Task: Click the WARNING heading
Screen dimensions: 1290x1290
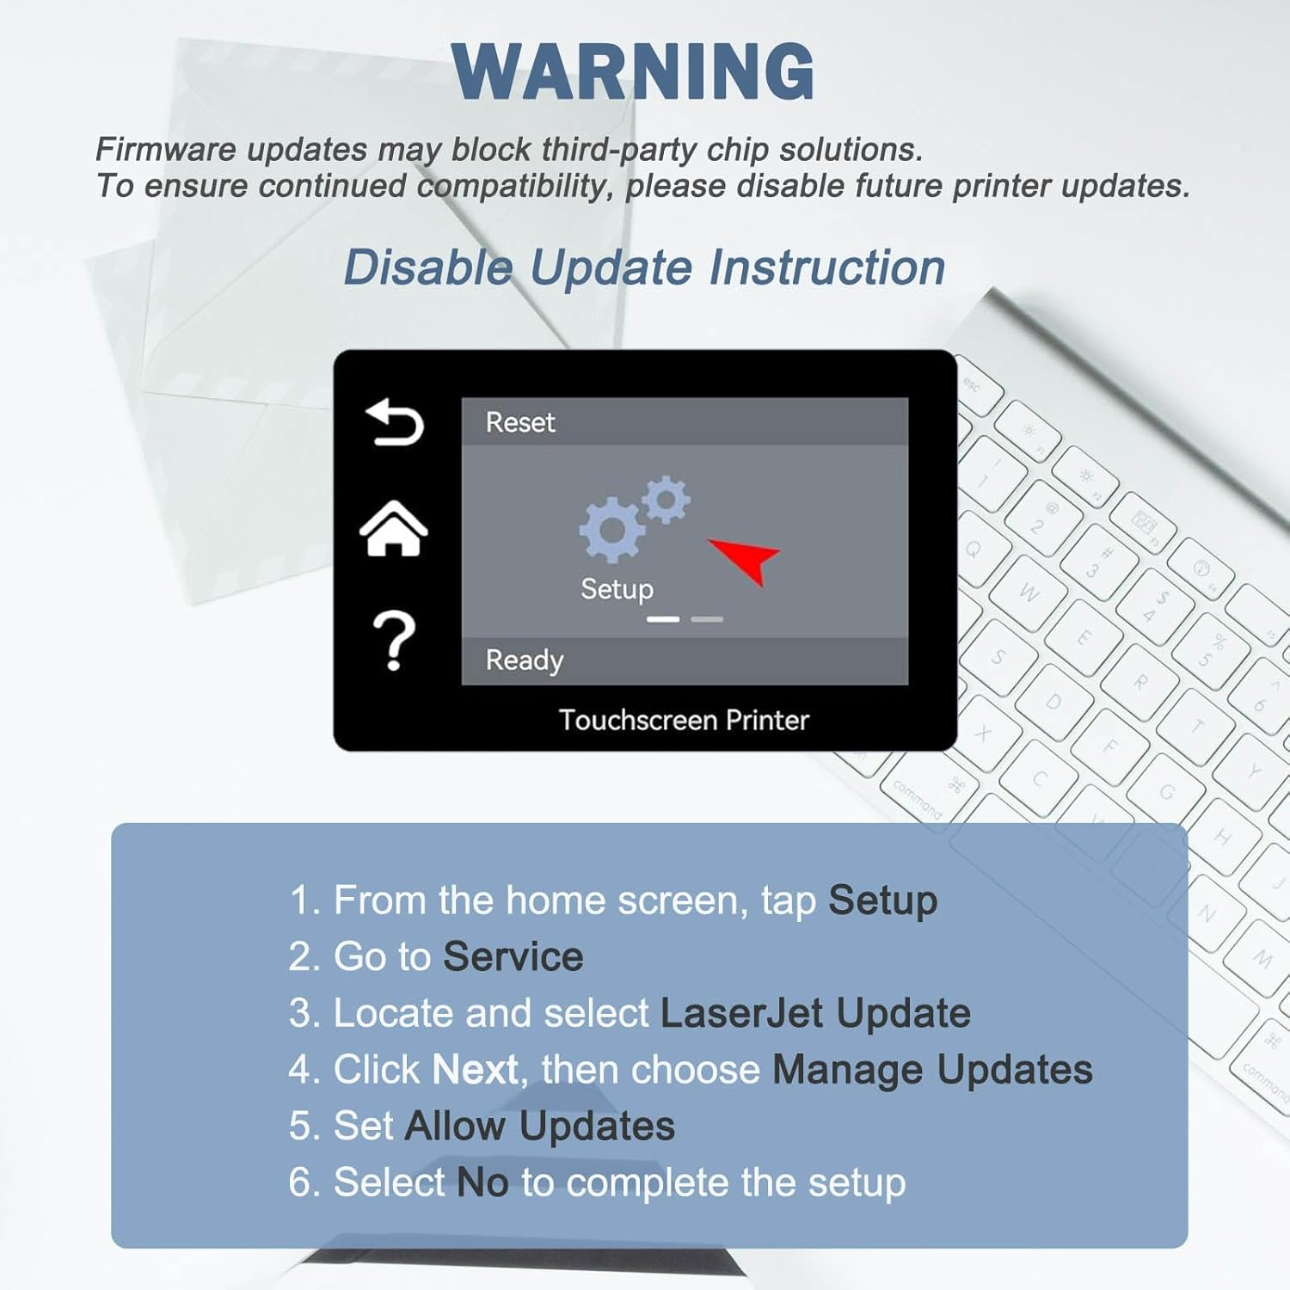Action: coord(633,71)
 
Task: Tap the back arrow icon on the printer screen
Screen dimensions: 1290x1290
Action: coord(395,422)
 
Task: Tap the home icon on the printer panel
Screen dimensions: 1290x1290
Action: coord(394,528)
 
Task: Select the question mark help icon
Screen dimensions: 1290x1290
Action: coord(394,641)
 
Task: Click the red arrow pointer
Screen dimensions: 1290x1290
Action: coord(745,559)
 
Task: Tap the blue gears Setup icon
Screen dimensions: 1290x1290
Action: coord(635,517)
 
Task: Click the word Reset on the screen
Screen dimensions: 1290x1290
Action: coord(520,422)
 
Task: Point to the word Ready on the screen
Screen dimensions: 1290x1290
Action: coord(525,660)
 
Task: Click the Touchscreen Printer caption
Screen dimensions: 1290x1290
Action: coord(684,720)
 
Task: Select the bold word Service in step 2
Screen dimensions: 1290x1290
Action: coord(513,956)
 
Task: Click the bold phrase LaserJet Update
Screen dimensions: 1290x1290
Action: coord(815,1013)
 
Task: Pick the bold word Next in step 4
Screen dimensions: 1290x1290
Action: coord(476,1069)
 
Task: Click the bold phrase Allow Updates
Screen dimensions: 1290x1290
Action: coord(540,1127)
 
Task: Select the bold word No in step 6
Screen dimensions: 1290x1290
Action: coord(482,1182)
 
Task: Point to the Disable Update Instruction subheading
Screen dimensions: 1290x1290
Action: coord(644,267)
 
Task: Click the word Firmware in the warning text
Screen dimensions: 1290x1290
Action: coord(166,150)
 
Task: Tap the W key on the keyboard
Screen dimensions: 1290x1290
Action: coord(1029,593)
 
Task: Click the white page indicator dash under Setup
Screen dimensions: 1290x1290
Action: coord(663,619)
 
